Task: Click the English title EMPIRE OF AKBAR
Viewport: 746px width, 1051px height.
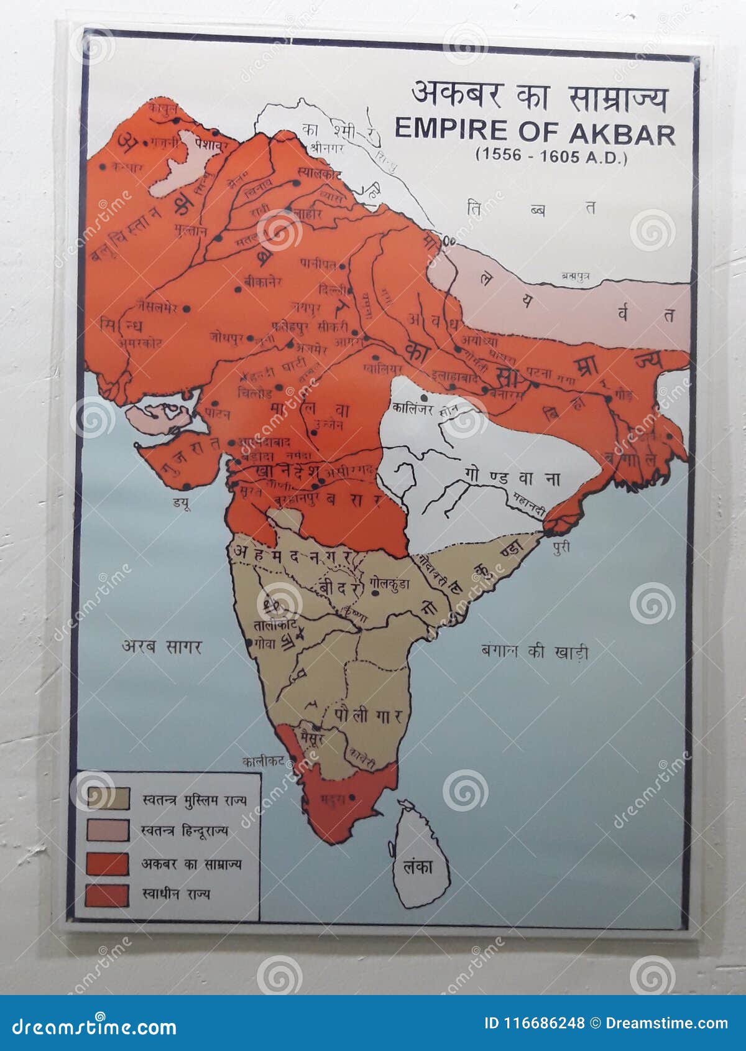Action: click(535, 132)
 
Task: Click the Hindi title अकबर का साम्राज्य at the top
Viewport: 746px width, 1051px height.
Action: click(540, 98)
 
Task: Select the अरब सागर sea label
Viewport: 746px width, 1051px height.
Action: click(161, 646)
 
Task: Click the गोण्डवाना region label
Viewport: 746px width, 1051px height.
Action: click(512, 478)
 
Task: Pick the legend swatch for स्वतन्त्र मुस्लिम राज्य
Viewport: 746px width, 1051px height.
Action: click(108, 799)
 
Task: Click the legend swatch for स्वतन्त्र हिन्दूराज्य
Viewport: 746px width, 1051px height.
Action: click(108, 830)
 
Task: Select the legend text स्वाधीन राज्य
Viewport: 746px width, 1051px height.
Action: click(176, 894)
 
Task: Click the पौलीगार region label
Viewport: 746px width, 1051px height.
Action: click(369, 715)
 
